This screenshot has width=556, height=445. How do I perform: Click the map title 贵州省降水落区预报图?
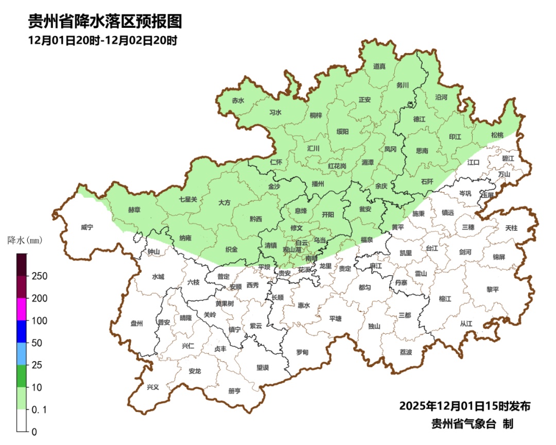(x=105, y=21)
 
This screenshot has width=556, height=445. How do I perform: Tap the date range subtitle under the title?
(x=102, y=40)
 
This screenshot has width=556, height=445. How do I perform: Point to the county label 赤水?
(x=238, y=100)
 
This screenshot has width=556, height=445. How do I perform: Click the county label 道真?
(x=379, y=66)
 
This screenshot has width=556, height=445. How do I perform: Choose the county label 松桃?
(x=497, y=135)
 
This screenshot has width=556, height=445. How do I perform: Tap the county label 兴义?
(x=153, y=387)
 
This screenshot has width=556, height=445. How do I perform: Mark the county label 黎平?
(x=493, y=289)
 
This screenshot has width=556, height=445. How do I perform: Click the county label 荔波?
(x=406, y=352)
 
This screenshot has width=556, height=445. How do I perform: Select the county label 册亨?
(x=234, y=391)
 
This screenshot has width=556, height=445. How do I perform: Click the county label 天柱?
(x=511, y=228)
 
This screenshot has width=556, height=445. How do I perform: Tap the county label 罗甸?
(x=302, y=352)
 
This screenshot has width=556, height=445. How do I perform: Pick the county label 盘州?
(x=136, y=323)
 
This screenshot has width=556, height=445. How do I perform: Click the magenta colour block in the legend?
(x=22, y=309)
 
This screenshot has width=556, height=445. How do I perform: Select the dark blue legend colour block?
(x=22, y=331)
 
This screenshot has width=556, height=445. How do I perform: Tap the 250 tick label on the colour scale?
(x=39, y=276)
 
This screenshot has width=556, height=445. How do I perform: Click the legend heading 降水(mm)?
(x=25, y=240)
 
